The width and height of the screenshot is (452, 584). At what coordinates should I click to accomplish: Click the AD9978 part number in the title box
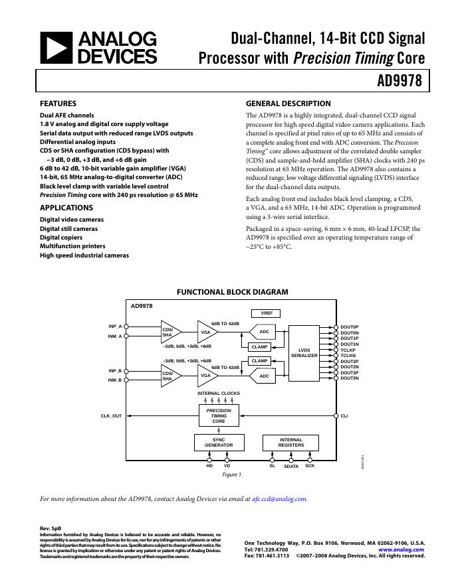coord(400,82)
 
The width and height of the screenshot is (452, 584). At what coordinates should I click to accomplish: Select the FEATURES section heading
coord(58,104)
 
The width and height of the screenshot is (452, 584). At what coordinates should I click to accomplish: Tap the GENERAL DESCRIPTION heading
coord(288,104)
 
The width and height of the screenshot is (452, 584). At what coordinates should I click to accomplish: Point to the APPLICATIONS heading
coord(66,208)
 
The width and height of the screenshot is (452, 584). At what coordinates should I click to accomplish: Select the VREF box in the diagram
coord(267,313)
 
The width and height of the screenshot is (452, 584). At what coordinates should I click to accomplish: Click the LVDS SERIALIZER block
coord(304,353)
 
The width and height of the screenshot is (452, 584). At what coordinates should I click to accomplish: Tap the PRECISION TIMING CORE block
coord(219,415)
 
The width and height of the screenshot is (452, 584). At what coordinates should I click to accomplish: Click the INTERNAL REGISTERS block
coord(291,442)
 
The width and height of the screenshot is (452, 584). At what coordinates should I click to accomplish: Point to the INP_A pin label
coord(115,327)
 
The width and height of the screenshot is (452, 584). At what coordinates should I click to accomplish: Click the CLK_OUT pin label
coord(111,416)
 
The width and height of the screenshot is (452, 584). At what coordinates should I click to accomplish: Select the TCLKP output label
coord(348,350)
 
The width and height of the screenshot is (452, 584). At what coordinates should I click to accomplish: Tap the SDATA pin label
coord(291,467)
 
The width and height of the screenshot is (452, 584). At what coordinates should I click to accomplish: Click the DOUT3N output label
coord(350,378)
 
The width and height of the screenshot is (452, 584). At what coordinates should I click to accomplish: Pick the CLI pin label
coord(344,416)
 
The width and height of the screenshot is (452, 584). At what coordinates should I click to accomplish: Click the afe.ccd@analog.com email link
coord(280,498)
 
